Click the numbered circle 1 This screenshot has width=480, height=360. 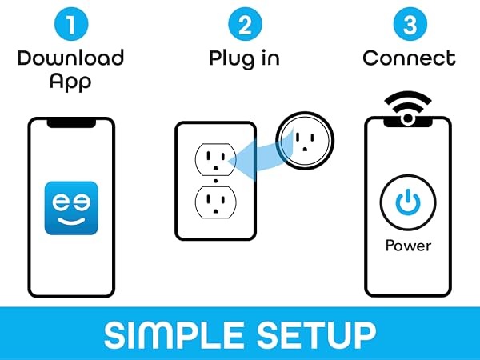[71, 24]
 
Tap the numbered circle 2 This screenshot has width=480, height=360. [246, 24]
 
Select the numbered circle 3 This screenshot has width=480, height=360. [410, 24]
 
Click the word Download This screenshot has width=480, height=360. [70, 58]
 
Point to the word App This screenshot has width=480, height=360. [70, 82]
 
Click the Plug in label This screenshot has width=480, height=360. [244, 58]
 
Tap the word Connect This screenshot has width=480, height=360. [410, 58]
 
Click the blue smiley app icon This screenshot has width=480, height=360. [71, 208]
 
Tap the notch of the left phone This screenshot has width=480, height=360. [71, 123]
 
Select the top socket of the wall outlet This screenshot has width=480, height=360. [216, 159]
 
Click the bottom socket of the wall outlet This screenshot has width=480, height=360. [216, 202]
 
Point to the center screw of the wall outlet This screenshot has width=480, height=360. [216, 181]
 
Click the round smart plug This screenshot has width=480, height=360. [305, 141]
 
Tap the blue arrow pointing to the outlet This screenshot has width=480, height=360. [260, 158]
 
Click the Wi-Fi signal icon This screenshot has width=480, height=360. [408, 108]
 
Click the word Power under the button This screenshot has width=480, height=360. [408, 246]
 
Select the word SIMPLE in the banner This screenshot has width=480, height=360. [174, 335]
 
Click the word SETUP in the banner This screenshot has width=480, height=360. [316, 335]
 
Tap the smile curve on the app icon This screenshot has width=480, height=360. [71, 222]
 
